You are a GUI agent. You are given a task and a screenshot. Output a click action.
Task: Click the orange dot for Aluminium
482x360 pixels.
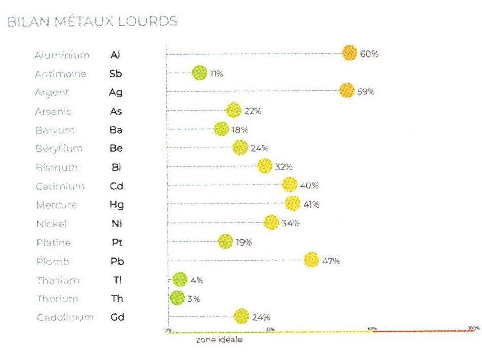coord(349,53)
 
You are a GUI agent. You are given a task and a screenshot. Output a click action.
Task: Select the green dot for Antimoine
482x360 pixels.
coord(200,73)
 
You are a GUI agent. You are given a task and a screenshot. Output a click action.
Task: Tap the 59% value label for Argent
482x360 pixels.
coord(366,92)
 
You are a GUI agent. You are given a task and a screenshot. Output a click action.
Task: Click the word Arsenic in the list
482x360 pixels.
coord(54,111)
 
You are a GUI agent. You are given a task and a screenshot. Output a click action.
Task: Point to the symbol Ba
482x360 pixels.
coord(116,130)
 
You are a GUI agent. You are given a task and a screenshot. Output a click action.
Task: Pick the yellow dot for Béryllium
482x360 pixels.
coord(240,147)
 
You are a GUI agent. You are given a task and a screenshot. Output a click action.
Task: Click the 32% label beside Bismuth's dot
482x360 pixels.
coord(283,166)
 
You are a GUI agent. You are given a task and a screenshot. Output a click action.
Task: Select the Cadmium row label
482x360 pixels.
coord(60,186)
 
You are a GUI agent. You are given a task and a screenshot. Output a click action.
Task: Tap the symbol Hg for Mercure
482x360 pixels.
coord(117,205)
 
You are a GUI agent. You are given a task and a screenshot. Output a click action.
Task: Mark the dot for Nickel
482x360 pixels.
coord(272,222)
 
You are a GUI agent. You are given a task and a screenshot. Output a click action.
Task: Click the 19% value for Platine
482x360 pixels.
coord(244,242)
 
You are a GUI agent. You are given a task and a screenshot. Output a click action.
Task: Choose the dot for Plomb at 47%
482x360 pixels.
coord(312,260)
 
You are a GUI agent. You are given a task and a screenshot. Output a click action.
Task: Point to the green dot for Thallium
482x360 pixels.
coord(180,279)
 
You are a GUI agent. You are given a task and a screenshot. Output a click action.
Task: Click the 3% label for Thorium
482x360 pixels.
coord(194,299)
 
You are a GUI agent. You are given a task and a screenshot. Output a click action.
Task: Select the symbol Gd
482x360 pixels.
coord(117,318)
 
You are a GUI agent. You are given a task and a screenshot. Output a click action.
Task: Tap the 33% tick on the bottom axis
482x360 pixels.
coord(270,329)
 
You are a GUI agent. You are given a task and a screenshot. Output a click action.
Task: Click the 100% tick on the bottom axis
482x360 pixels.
coord(473,328)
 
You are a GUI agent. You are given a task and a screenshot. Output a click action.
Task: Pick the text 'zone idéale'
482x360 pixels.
coord(219,340)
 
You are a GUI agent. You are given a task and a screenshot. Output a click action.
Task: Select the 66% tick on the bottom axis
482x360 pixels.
coord(372,329)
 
